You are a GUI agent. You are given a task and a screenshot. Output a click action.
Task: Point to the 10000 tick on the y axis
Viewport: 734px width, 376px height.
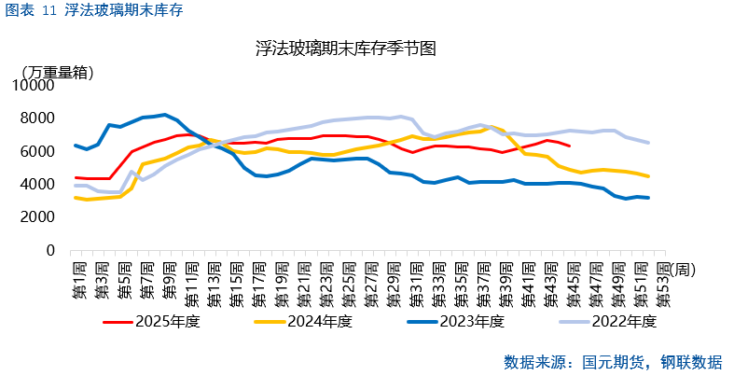(36, 85)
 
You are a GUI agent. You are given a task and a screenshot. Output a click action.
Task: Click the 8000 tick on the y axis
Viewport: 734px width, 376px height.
(40, 118)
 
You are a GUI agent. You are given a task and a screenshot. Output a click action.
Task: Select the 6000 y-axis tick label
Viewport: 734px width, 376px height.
(40, 151)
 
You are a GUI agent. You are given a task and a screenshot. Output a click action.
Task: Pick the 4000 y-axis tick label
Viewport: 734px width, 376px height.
(40, 185)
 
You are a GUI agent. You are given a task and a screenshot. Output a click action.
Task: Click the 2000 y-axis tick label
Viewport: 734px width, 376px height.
(40, 217)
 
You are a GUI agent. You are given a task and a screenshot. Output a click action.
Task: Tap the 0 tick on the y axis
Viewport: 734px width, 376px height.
(52, 251)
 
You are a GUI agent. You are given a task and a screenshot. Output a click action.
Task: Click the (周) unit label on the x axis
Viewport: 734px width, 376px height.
(683, 270)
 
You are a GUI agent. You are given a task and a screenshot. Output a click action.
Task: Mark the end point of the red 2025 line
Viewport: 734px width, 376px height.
(571, 146)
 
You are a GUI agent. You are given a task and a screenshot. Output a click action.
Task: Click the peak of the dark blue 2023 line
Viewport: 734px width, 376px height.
(165, 115)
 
